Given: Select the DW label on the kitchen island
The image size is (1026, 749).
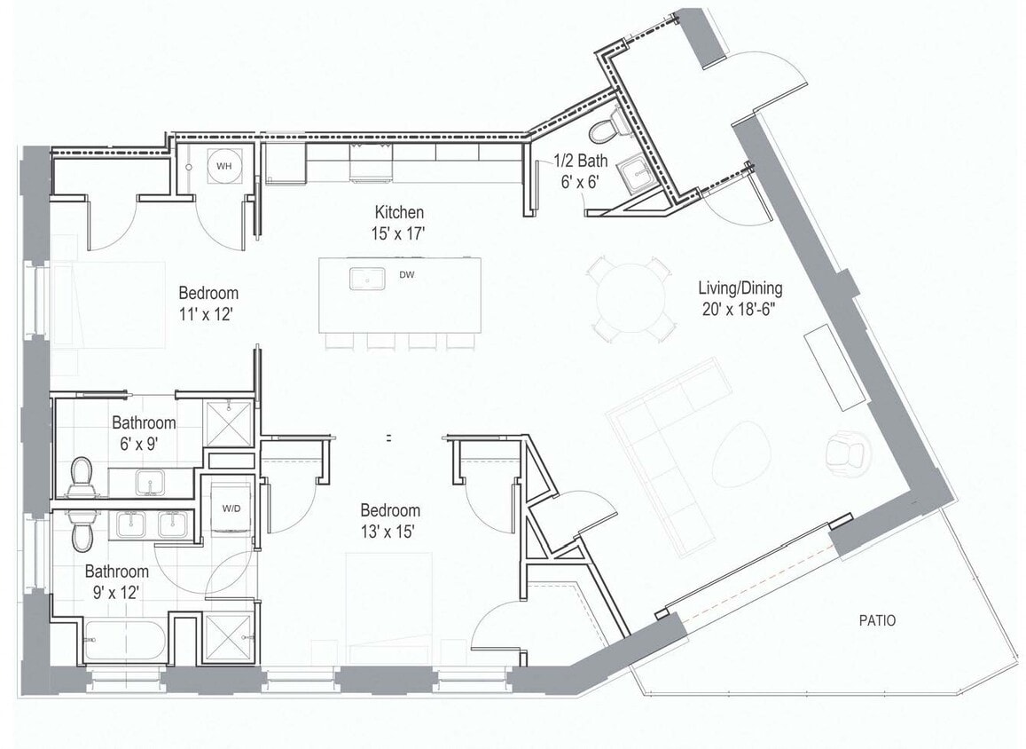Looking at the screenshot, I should coord(407,275).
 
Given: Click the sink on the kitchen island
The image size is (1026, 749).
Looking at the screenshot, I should coord(365,279).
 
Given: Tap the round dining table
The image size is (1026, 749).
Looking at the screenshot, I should coord(630,298).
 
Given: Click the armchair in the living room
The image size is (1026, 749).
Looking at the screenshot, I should coord(844,453).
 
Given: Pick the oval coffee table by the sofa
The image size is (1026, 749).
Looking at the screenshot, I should coord(740,452).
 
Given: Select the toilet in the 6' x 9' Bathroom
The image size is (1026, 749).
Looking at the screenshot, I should coord(82,476).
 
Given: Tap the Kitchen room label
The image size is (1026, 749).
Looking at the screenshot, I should coord(399,212).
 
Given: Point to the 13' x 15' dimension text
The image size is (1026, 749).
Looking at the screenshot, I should coord(390,532).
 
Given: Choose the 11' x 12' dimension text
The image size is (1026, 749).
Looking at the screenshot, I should coord(208,313).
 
